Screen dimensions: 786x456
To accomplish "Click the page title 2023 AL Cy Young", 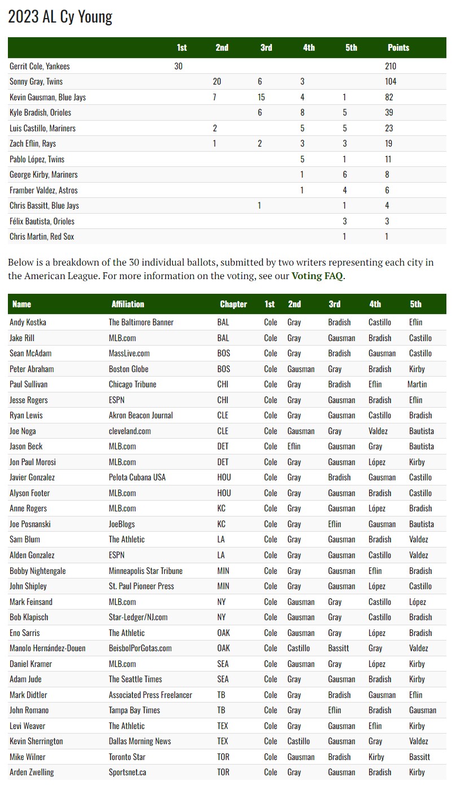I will [60, 17].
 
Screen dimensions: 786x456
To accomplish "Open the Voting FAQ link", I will [317, 276].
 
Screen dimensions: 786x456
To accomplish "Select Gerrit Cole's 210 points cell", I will [391, 66].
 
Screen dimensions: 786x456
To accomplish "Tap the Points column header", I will [398, 47].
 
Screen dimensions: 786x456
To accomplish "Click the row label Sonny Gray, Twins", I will [36, 81].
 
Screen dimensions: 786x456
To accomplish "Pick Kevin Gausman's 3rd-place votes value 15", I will [261, 97].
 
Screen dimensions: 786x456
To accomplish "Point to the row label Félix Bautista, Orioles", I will [42, 221].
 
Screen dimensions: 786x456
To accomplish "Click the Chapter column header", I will [233, 304].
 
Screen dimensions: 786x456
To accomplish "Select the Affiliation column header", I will [128, 304].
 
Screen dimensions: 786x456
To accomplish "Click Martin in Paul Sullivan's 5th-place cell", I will [417, 384].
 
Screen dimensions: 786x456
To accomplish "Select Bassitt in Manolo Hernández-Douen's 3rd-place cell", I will [339, 648].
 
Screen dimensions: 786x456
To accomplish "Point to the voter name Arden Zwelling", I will [32, 772].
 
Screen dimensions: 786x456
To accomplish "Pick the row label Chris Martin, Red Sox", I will [42, 236].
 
